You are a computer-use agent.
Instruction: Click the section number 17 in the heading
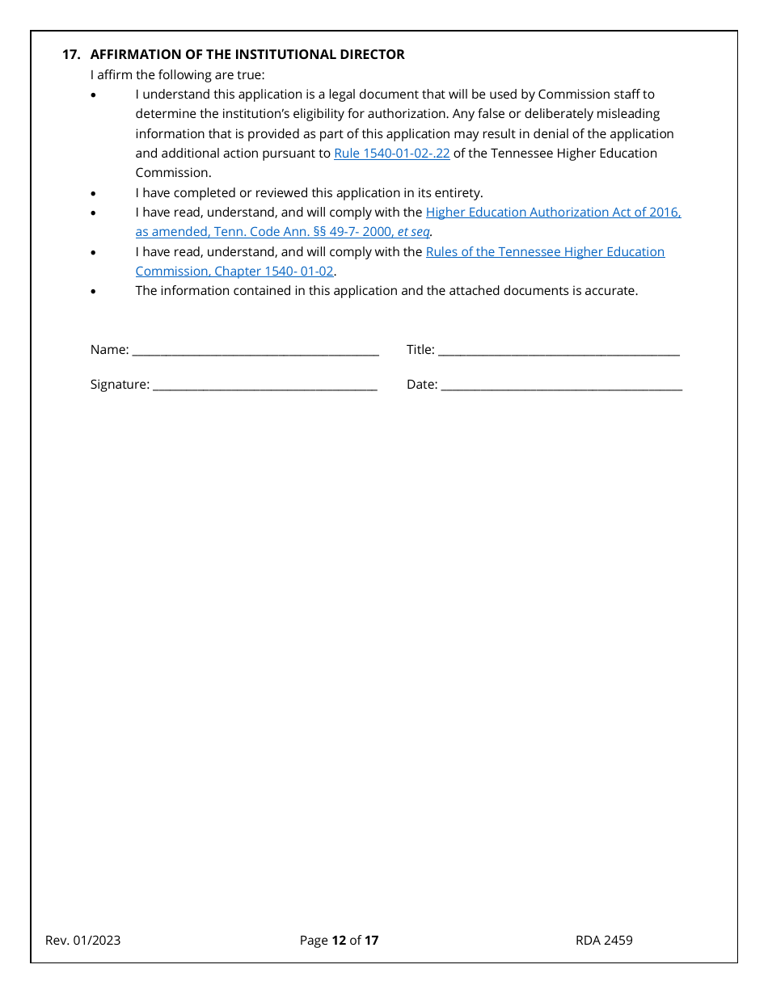[71, 54]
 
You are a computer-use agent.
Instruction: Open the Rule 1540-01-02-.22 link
[391, 153]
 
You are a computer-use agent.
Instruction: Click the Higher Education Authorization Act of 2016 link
[553, 212]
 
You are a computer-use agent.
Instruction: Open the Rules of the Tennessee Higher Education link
[545, 251]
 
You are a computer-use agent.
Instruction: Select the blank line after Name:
[255, 351]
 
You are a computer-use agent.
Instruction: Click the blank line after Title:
[559, 351]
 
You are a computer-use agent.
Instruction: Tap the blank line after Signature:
[264, 385]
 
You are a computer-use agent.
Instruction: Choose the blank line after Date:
[561, 385]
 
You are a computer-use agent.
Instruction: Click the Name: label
[109, 349]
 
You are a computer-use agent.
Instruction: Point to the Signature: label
[120, 384]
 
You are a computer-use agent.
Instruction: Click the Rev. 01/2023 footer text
[83, 940]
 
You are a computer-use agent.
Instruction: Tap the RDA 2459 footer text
[604, 940]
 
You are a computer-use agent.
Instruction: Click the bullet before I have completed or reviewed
[93, 194]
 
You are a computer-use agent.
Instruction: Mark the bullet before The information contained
[93, 291]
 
